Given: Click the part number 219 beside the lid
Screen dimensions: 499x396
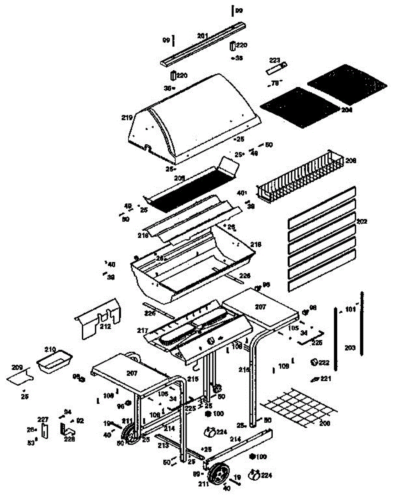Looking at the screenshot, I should point(127,117).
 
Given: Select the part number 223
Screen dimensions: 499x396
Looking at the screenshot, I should point(275,61).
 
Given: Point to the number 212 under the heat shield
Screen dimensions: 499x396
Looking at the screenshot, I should point(105,326).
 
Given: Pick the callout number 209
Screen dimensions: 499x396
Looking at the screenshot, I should point(17,368).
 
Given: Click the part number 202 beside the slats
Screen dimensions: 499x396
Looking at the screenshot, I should point(362,222).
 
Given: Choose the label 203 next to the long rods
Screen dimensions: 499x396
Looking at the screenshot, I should point(351,347).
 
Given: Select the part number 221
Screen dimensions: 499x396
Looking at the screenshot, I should point(325,378).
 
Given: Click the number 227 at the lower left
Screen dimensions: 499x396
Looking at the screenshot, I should point(43,419).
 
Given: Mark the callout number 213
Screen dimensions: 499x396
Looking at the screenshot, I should point(163,445).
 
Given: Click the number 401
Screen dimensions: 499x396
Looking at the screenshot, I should point(242,193).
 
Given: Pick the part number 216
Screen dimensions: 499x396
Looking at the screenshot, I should point(143,235).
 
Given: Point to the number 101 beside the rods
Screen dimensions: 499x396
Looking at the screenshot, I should point(351,309).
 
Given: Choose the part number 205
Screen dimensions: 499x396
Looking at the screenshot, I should point(179,178).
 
